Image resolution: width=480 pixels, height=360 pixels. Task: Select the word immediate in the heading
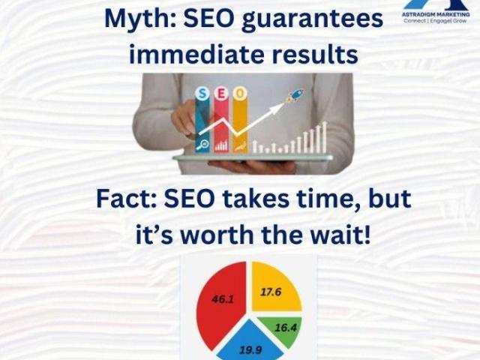(196, 54)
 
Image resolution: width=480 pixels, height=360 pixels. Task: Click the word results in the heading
(315, 54)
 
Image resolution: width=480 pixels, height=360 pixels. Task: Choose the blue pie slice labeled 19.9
(250, 342)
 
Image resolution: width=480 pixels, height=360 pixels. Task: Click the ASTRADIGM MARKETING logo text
(436, 14)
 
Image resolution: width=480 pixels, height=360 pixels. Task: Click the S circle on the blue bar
(202, 94)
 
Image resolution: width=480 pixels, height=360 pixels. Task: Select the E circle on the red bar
(221, 94)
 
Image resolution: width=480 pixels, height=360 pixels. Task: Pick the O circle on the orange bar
(240, 94)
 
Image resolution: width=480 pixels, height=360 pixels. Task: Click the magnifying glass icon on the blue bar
(202, 145)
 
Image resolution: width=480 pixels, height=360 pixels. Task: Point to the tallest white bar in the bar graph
(325, 137)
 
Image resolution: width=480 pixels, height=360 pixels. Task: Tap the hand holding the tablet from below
(251, 166)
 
